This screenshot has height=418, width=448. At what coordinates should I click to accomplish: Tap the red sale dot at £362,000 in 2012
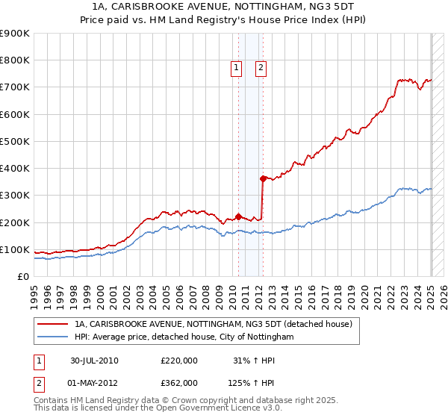tap(263, 178)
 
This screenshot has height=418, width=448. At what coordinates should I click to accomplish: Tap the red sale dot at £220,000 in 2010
tap(239, 216)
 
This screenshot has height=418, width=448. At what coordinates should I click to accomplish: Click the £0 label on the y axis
tap(23, 276)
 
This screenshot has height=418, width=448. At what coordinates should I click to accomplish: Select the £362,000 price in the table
tap(179, 382)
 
